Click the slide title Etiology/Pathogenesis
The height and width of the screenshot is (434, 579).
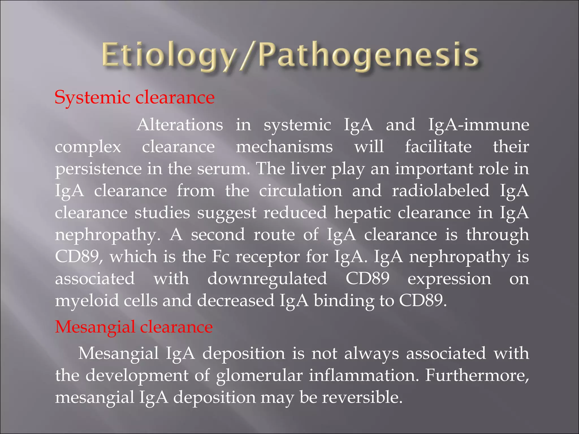[x=290, y=57]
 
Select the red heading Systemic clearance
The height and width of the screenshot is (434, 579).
[x=135, y=97]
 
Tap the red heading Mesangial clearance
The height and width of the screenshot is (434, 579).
[x=134, y=327]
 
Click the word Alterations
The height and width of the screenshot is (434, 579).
[x=180, y=125]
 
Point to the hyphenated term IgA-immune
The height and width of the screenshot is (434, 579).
[x=478, y=125]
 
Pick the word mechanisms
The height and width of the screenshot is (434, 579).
[x=284, y=147]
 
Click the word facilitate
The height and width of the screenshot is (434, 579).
[x=438, y=147]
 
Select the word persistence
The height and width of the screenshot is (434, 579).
[x=98, y=169]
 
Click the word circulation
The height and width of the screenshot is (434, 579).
[x=301, y=191]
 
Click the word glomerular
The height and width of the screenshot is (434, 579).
[x=259, y=376]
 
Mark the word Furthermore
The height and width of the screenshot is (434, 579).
[x=477, y=375]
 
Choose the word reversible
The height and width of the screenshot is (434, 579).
[x=362, y=397]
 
